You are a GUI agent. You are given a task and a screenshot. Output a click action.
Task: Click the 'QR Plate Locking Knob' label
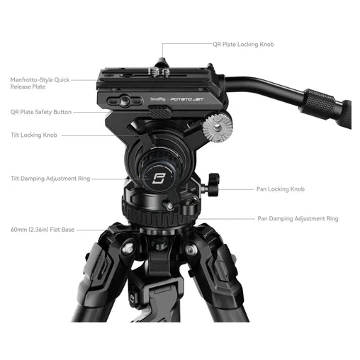243,45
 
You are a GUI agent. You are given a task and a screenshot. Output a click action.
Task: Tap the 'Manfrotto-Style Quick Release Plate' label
40,83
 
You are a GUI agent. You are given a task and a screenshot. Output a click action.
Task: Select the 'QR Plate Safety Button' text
41,112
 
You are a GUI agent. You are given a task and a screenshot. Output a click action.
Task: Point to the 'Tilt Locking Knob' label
34,135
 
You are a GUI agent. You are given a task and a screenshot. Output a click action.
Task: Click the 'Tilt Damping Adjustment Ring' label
50,179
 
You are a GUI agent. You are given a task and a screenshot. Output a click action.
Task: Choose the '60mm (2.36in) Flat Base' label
43,230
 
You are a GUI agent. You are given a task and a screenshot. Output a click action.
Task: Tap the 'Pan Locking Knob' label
281,189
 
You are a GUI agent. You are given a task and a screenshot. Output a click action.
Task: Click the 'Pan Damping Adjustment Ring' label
298,219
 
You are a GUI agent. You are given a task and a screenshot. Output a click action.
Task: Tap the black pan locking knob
213,185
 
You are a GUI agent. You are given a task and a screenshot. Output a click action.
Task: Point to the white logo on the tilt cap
158,179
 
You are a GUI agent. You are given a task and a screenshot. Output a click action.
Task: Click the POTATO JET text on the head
186,99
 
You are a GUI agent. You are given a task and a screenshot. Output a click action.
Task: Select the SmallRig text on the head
158,99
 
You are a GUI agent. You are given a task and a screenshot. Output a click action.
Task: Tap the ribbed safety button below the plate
159,112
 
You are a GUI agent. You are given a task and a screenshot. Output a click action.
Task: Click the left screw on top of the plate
152,72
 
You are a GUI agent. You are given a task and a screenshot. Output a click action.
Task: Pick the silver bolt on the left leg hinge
128,248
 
